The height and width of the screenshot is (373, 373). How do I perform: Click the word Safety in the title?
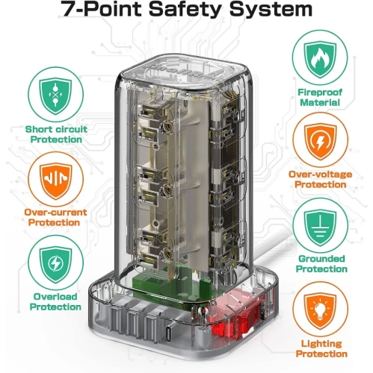(x=185, y=10)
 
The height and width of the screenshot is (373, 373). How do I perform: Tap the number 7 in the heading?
(x=67, y=9)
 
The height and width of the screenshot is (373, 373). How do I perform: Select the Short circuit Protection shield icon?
(x=55, y=95)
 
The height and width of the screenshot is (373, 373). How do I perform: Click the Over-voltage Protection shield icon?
(x=320, y=142)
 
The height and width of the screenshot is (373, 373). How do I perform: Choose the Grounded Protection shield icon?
(x=320, y=228)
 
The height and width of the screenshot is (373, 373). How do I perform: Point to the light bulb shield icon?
(x=320, y=311)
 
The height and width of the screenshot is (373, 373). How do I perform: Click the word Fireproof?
(x=320, y=93)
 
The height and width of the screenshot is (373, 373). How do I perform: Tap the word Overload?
(x=55, y=296)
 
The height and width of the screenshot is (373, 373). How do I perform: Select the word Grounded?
(x=321, y=259)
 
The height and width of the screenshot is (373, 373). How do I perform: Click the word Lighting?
(x=321, y=344)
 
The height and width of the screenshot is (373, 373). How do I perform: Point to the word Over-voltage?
(x=320, y=175)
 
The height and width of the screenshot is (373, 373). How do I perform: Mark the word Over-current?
(x=55, y=213)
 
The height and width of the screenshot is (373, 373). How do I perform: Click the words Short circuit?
(x=56, y=129)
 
